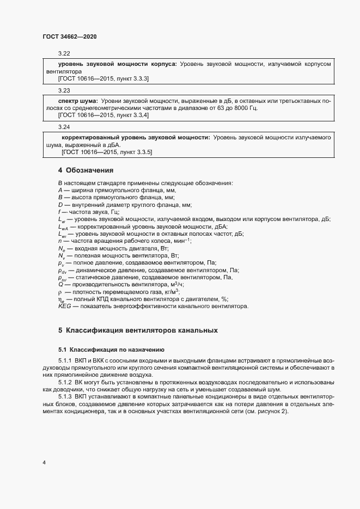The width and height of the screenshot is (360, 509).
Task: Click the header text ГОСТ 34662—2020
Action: pos(69,36)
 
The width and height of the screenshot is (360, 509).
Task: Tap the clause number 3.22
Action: pos(64,54)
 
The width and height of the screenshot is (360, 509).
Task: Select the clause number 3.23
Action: pos(64,90)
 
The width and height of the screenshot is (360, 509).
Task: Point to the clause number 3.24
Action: pos(64,127)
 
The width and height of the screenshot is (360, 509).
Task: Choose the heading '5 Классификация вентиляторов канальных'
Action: pos(138,330)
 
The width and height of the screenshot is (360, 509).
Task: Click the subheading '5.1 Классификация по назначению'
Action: pos(107,349)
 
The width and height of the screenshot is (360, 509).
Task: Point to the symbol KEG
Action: pos(64,306)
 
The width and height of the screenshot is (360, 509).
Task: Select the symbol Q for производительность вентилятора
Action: pos(60,284)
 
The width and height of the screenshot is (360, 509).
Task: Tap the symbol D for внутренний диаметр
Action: pos(60,205)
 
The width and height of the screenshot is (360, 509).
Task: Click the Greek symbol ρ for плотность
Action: pos(60,292)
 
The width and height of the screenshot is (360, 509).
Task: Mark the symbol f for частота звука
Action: pos(59,212)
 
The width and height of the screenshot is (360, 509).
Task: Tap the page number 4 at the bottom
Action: pos(44,463)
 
